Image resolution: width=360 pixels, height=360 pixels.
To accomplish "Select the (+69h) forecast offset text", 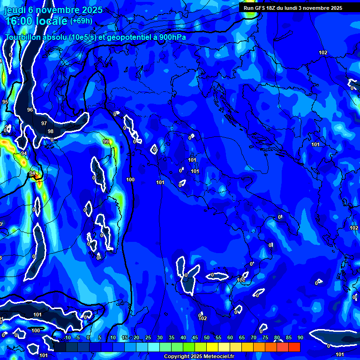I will [x=81, y=21].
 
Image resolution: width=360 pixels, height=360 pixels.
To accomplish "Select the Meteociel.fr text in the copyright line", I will [x=216, y=357].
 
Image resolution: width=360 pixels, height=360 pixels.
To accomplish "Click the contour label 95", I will [x=5, y=102].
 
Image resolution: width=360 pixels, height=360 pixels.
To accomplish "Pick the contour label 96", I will [x=30, y=110].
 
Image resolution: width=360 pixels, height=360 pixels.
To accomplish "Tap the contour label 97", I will [x=44, y=123].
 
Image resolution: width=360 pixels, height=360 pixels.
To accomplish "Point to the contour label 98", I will [x=51, y=131].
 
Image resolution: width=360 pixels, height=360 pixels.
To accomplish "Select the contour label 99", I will [x=106, y=142].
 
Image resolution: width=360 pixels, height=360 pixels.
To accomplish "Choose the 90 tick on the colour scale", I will [x=300, y=337].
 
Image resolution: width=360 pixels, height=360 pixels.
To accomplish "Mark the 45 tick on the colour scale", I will [x=195, y=337].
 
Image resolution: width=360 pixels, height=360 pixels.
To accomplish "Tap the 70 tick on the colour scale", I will [x=253, y=337].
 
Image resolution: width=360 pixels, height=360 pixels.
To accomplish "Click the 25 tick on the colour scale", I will [x=148, y=337].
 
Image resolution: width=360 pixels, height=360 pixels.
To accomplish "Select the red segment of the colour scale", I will [x=294, y=347].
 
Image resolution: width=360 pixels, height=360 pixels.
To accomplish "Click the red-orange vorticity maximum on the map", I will [x=37, y=176].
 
